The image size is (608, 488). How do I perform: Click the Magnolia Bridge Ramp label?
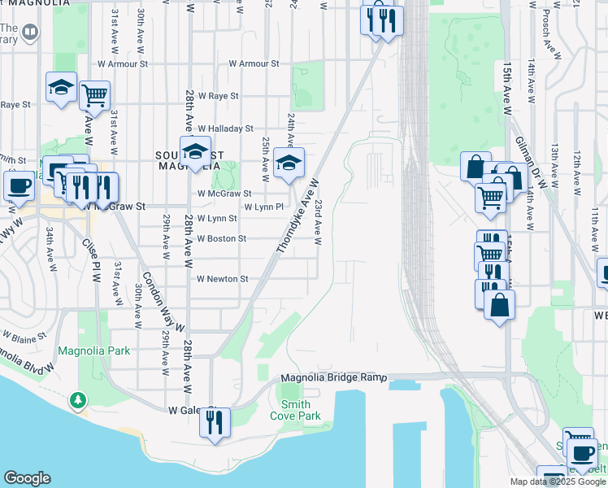334,378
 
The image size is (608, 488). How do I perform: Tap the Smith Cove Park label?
301,410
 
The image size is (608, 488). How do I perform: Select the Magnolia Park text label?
93,351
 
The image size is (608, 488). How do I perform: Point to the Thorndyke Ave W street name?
297,216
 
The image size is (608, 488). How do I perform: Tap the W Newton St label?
222,279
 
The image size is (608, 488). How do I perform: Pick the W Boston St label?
221,238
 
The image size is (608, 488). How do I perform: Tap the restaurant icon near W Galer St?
215,421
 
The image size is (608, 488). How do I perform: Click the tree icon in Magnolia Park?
77,399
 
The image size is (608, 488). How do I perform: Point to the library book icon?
30,32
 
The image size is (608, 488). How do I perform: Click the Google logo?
27,478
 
